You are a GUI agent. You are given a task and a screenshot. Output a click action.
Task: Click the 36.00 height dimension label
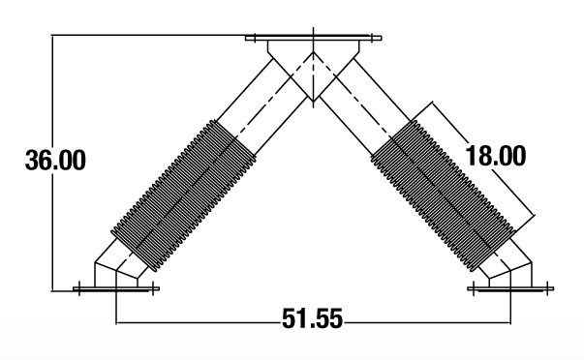pyautogui.click(x=55, y=160)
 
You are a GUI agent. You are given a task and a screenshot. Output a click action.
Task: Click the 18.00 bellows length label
pyautogui.click(x=496, y=156)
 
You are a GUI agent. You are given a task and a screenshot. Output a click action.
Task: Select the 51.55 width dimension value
pyautogui.click(x=312, y=318)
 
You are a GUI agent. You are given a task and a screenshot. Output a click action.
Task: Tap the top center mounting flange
pyautogui.click(x=313, y=38)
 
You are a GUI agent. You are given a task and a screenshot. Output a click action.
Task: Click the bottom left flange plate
pyautogui.click(x=116, y=288)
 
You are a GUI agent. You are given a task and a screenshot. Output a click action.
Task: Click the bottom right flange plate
pyautogui.click(x=510, y=288)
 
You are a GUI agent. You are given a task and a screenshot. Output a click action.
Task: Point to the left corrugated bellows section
pyautogui.click(x=184, y=195)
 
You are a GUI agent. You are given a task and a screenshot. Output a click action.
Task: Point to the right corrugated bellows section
pyautogui.click(x=444, y=195)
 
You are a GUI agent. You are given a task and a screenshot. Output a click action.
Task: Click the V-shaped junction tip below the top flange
pyautogui.click(x=313, y=101)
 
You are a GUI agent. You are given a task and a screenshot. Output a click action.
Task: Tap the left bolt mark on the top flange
pyautogui.click(x=255, y=38)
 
